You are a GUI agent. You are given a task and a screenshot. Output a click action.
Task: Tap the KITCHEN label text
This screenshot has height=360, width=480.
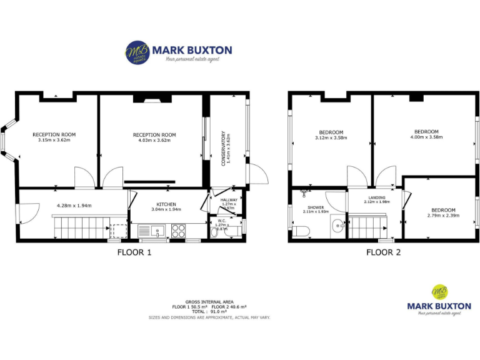click(166, 204)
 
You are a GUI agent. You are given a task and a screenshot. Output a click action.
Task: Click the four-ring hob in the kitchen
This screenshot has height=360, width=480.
click(177, 231)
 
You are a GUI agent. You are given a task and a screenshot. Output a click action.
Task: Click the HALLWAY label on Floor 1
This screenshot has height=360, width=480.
click(229, 199)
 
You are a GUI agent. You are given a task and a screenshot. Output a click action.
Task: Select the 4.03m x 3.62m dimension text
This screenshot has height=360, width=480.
click(154, 141)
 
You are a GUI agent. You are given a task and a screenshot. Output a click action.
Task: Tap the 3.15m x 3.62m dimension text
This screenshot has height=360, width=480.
click(54, 141)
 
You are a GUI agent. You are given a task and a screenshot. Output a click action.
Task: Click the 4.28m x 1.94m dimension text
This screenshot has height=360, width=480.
click(74, 205)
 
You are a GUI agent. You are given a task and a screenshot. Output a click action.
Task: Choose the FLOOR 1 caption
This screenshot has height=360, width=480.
click(134, 253)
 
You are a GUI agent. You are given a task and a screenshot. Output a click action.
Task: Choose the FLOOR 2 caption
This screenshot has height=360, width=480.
click(383, 253)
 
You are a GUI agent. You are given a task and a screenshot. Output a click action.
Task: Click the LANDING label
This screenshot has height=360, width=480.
click(377, 197)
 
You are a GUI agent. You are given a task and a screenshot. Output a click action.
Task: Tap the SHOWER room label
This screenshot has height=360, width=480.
click(316, 207)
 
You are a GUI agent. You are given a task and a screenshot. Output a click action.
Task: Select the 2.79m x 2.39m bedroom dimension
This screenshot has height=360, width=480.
click(443, 216)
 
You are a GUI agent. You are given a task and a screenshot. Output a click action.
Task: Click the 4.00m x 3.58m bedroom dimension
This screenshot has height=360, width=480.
click(426, 137)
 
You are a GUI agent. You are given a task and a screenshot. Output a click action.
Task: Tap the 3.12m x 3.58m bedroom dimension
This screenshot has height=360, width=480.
click(331, 137)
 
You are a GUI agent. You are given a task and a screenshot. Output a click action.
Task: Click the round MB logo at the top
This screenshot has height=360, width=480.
click(137, 52)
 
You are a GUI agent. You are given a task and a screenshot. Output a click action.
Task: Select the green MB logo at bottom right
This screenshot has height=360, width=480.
click(440, 292)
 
